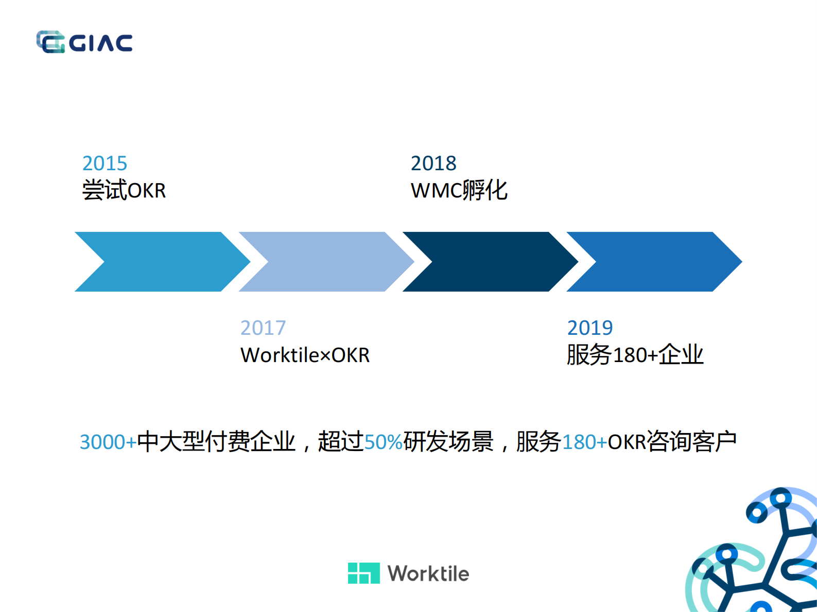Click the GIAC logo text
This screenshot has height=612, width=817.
click(100, 43)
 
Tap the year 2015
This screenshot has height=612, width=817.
click(105, 163)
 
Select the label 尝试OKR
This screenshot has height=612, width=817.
click(124, 190)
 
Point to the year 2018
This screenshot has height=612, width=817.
click(433, 163)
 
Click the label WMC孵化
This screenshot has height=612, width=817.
click(459, 190)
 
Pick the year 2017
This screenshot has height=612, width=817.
click(263, 328)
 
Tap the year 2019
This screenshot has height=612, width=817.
click(590, 328)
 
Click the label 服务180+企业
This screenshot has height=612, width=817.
click(635, 354)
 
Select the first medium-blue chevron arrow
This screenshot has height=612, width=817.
click(163, 262)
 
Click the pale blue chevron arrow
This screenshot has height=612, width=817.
click(326, 262)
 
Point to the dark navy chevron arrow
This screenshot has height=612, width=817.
click(491, 262)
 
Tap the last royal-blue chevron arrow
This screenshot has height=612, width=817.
click(654, 262)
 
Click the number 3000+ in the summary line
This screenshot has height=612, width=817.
click(108, 442)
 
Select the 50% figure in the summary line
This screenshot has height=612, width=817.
click(384, 442)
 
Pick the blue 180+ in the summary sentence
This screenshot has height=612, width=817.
click(585, 442)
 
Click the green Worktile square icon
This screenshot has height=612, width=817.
click(363, 573)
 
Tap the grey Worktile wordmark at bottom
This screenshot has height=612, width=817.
click(428, 573)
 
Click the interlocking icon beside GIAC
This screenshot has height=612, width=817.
click(50, 42)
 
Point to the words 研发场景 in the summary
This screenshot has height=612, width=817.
click(448, 441)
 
